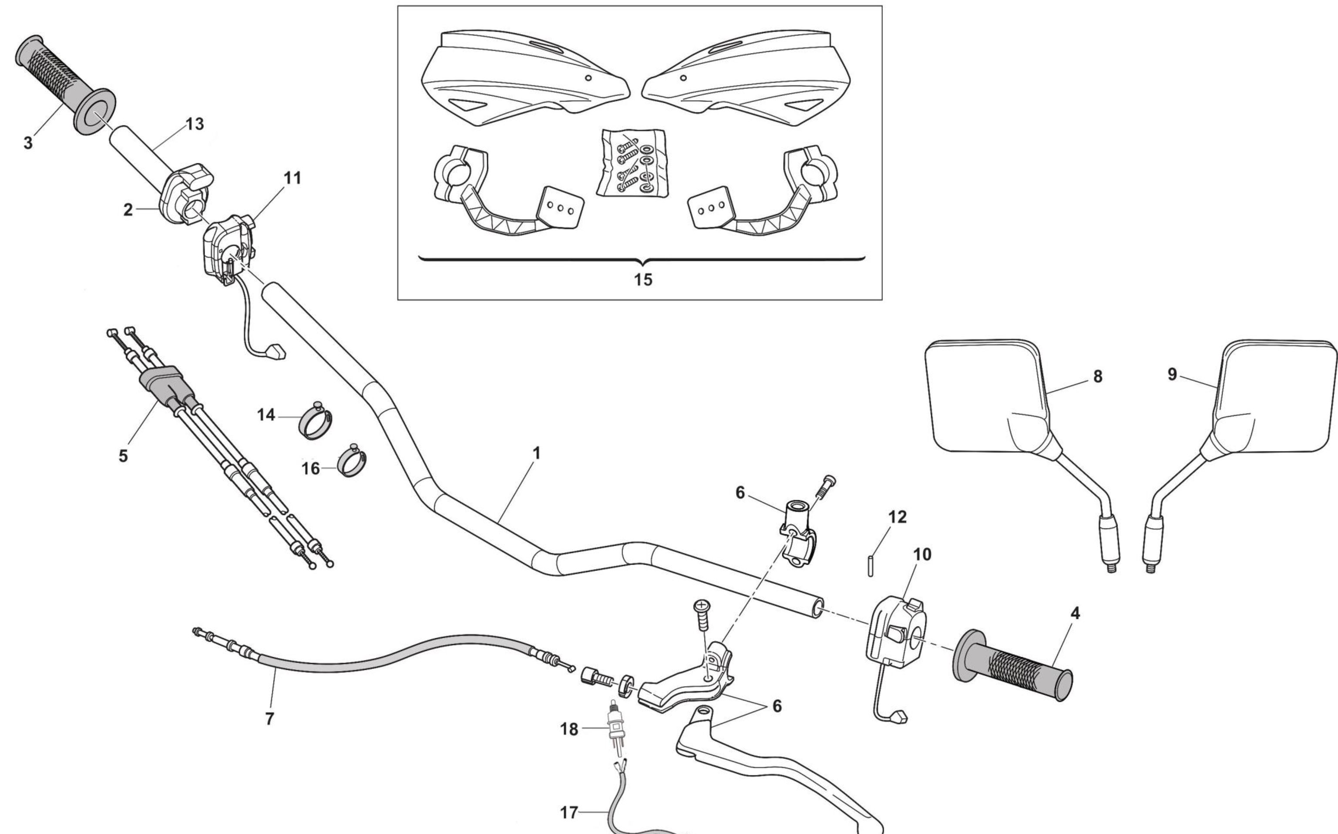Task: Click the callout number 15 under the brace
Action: [x=643, y=280]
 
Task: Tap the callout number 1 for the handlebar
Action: [x=536, y=453]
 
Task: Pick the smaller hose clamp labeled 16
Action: [x=353, y=461]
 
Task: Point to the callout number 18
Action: [x=569, y=729]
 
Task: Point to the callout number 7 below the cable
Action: [x=269, y=719]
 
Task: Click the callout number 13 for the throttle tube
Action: [x=194, y=125]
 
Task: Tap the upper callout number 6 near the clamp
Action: [x=740, y=493]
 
